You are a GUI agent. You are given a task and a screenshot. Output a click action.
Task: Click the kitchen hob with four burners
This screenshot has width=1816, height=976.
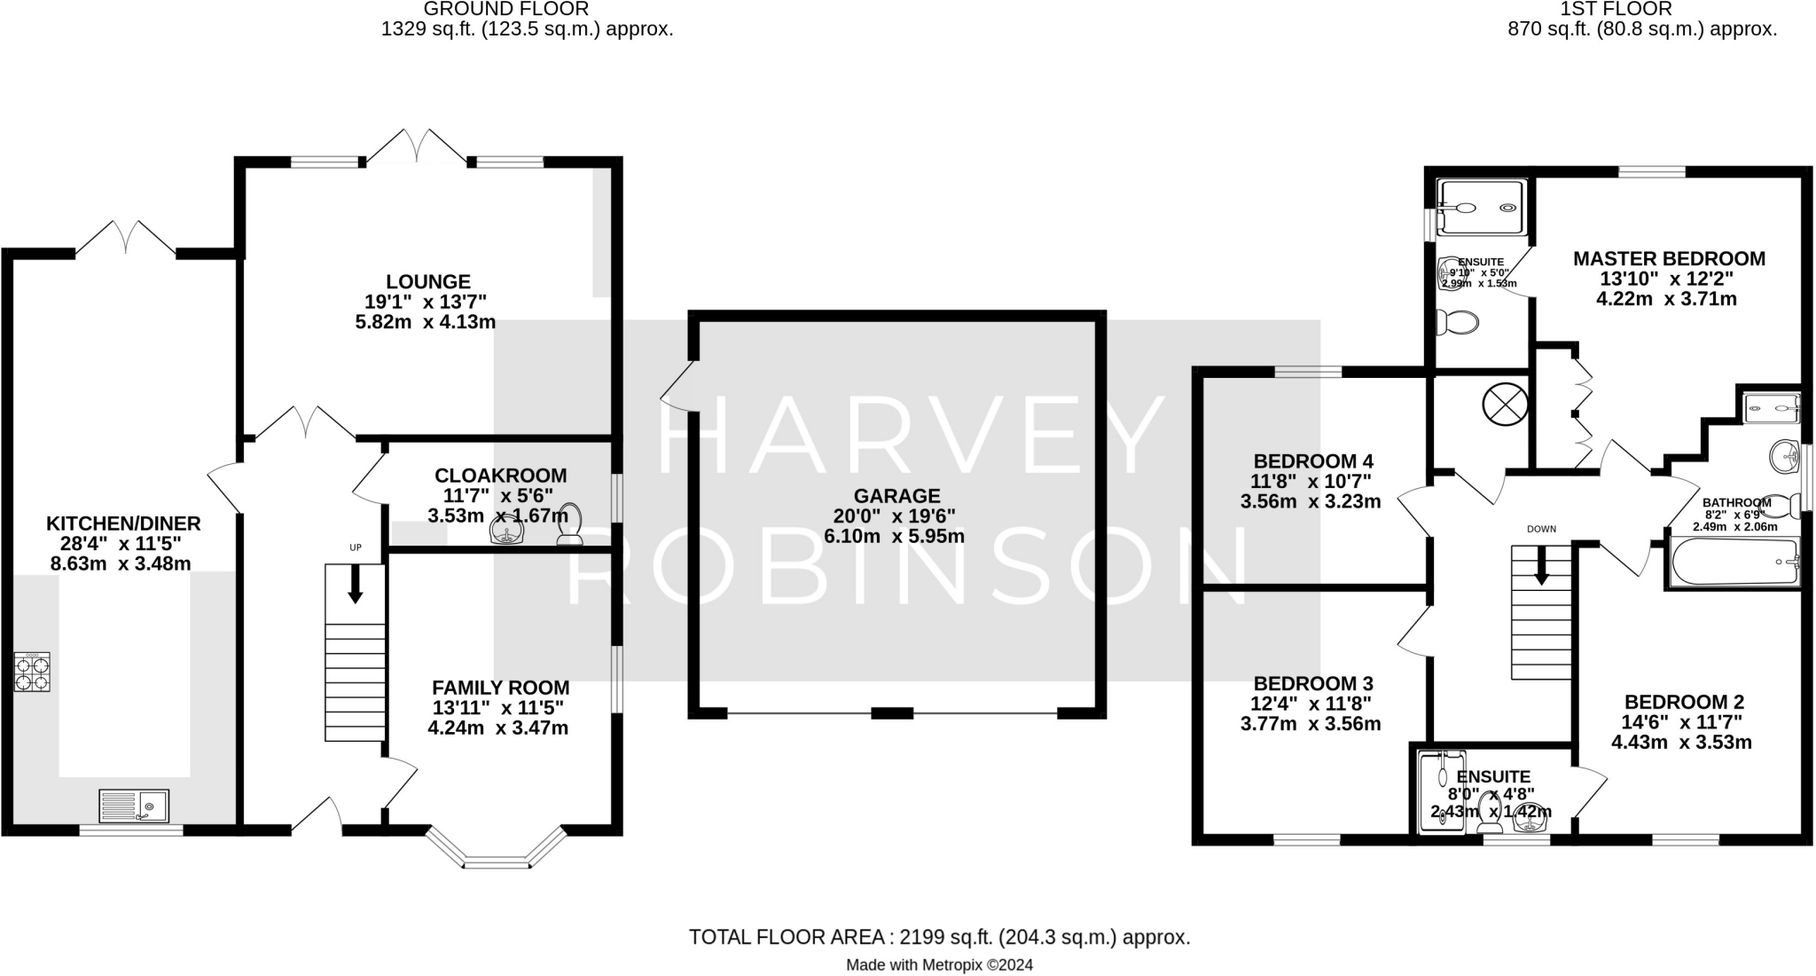pos(32,672)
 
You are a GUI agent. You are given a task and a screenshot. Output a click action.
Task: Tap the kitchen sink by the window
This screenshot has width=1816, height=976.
pos(134,806)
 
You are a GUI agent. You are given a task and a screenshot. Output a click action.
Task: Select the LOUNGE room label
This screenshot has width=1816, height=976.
pos(427,281)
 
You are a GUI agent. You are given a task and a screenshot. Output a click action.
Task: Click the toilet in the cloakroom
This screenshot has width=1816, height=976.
pos(569,524)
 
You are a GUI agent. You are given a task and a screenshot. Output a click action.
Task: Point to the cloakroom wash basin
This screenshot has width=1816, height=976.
pos(508,531)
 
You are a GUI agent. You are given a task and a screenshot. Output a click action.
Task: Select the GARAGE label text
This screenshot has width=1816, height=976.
pos(896,496)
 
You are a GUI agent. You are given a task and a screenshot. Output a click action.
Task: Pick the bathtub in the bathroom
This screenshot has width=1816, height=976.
pos(1734,562)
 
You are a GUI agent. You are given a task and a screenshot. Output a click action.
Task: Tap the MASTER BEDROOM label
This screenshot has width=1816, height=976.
pos(1668,259)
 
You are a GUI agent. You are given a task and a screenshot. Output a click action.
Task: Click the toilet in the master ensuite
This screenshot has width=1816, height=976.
pos(1456,321)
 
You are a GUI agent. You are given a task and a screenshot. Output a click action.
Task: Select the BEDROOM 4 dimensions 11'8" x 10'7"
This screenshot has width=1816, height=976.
pos(1311,482)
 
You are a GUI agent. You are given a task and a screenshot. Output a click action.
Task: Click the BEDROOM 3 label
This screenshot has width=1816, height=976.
pos(1312,683)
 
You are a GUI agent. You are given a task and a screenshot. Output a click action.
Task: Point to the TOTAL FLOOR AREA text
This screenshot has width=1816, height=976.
pos(938,937)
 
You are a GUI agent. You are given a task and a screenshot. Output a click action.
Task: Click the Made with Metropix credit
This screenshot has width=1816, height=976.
pos(939,964)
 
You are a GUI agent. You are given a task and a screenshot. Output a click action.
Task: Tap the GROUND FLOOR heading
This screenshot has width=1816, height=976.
pos(505,10)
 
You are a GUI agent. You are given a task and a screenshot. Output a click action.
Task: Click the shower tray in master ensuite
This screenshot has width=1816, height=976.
pos(1482,209)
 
